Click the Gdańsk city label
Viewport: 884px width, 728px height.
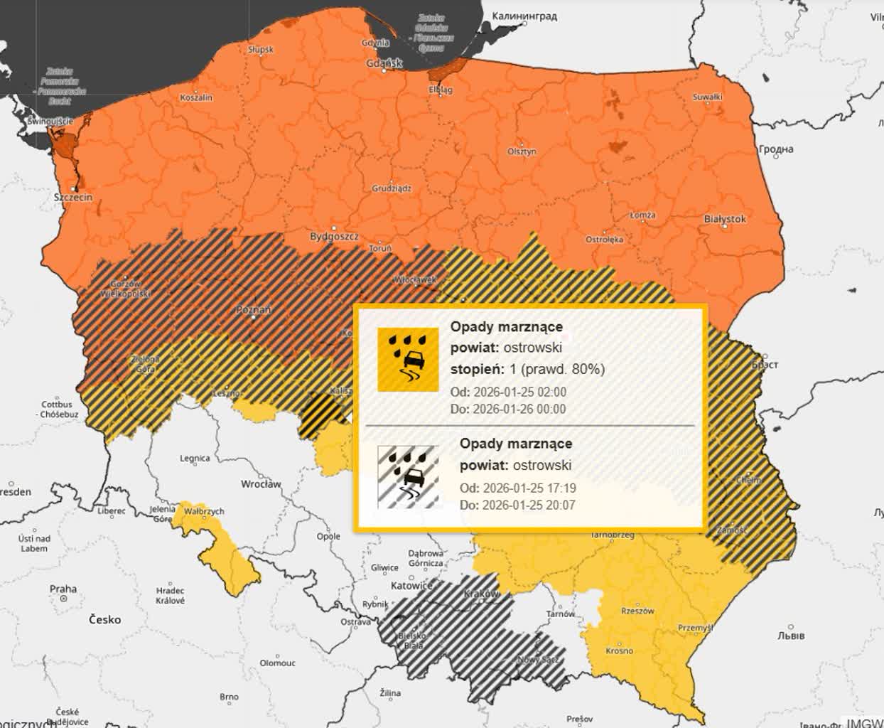pyautogui.click(x=384, y=63)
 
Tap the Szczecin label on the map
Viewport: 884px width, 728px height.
pyautogui.click(x=72, y=197)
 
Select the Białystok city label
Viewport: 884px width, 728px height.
pyautogui.click(x=724, y=219)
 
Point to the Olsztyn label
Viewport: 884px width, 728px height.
pyautogui.click(x=522, y=151)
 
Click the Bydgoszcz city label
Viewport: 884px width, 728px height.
pyautogui.click(x=334, y=236)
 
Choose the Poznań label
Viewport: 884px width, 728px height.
pyautogui.click(x=254, y=311)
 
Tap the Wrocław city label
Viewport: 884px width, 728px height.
pyautogui.click(x=261, y=484)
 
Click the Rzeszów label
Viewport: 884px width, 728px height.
pyautogui.click(x=637, y=611)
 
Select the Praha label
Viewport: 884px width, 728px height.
pyautogui.click(x=63, y=589)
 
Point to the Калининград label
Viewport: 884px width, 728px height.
pyautogui.click(x=524, y=16)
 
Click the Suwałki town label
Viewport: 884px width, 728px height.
pyautogui.click(x=707, y=97)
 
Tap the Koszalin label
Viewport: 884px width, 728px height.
pyautogui.click(x=196, y=97)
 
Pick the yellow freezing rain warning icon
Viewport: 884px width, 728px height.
pyautogui.click(x=408, y=359)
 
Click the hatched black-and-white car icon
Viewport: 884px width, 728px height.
pyautogui.click(x=408, y=476)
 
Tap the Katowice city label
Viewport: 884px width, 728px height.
pyautogui.click(x=412, y=586)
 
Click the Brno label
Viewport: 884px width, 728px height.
pyautogui.click(x=229, y=697)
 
